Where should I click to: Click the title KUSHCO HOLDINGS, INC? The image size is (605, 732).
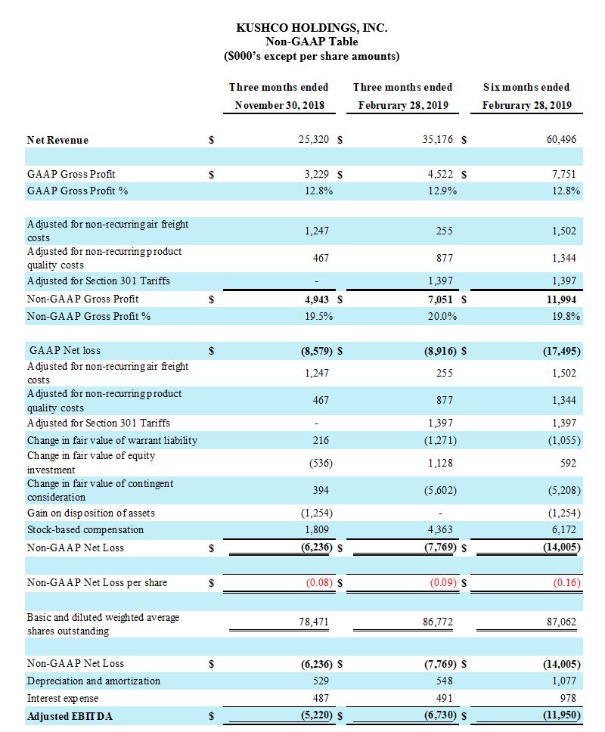click(x=312, y=28)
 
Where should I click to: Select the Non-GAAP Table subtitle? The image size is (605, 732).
click(x=312, y=42)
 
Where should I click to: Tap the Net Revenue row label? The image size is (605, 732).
click(x=57, y=140)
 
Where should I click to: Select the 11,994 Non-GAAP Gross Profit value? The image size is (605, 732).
click(x=560, y=299)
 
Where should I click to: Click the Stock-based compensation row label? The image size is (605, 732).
click(x=85, y=529)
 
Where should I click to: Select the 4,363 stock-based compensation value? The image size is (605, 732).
click(x=441, y=529)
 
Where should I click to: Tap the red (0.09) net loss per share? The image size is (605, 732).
click(x=442, y=583)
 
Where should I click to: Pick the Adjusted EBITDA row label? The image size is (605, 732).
click(x=70, y=716)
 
